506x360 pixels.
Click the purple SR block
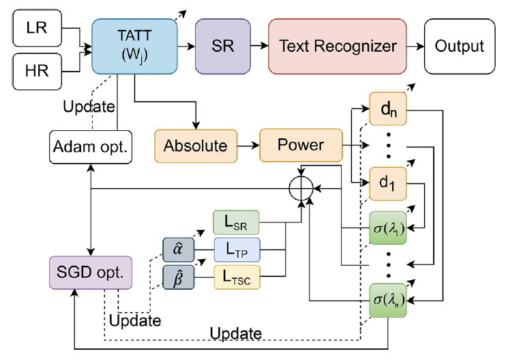[x=221, y=46]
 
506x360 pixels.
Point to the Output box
[x=459, y=46]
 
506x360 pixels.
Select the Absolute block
[x=195, y=146]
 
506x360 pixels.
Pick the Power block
[x=301, y=145]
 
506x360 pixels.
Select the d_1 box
[x=387, y=183]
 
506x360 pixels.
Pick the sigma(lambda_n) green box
[x=387, y=300]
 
